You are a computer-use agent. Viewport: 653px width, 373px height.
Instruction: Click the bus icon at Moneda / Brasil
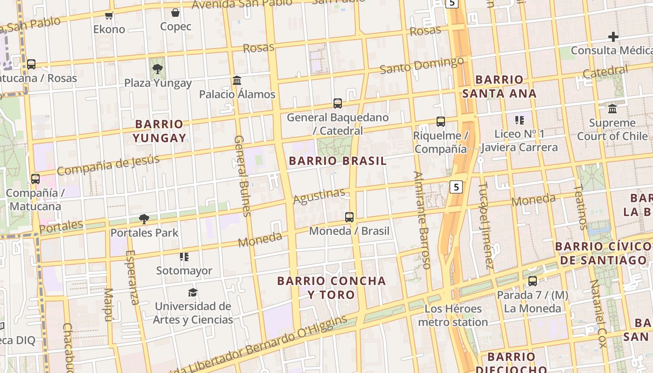point(349,217)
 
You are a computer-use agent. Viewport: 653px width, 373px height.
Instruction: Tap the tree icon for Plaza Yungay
point(158,69)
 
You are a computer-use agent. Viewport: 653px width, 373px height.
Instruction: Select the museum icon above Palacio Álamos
point(237,81)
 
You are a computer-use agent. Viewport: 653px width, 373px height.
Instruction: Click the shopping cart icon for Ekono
point(109,16)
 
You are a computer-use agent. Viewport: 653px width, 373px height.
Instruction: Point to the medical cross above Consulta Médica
point(613,36)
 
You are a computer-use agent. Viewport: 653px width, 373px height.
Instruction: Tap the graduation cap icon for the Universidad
point(193,292)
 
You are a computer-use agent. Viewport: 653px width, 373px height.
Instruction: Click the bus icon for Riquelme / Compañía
point(440,122)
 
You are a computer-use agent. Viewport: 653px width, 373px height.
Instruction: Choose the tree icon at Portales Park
point(144,219)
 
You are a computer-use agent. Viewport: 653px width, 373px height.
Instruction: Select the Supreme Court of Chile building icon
point(612,109)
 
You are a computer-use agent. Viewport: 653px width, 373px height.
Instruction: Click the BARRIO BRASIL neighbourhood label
point(338,161)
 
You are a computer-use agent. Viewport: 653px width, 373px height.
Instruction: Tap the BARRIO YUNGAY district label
point(159,131)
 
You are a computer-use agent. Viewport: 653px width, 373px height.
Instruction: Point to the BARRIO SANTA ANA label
point(499,86)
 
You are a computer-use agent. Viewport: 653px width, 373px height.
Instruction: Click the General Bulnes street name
point(242,176)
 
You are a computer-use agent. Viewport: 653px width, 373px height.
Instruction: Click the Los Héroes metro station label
point(452,315)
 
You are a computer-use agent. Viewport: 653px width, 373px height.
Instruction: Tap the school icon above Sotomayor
point(184,257)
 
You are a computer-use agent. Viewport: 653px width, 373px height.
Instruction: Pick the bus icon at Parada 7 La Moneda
point(532,281)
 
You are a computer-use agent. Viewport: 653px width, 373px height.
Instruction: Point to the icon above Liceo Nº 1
point(519,120)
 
